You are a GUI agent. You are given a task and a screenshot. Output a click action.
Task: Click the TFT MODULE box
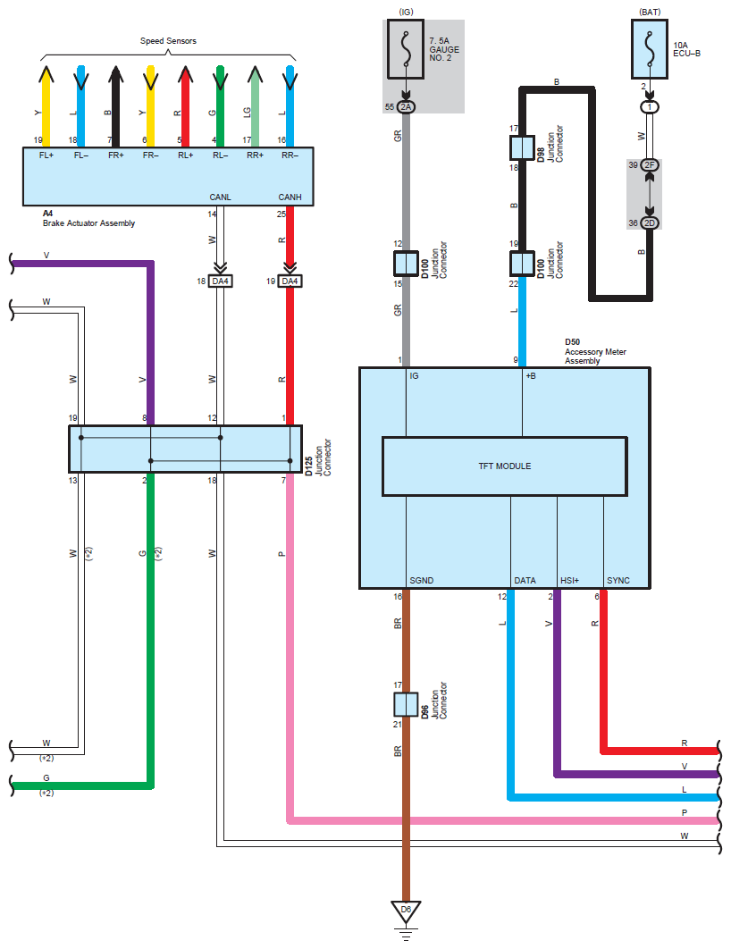[x=504, y=466]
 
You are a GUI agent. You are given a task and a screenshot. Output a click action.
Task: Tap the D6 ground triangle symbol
[x=406, y=911]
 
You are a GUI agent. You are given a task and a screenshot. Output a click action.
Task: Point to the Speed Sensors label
[x=168, y=41]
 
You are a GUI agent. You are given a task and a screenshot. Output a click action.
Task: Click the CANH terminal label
[x=290, y=197]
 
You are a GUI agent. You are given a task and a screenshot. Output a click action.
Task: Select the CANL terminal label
[x=221, y=197]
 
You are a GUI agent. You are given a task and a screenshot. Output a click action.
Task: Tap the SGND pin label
[x=422, y=580]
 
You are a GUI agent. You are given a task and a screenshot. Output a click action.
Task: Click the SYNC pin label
[x=618, y=580]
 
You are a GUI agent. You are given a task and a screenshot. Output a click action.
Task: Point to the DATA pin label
[x=525, y=580]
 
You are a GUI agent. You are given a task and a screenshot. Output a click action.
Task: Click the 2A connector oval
[x=406, y=107]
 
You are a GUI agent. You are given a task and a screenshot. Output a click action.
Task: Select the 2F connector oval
[x=650, y=165]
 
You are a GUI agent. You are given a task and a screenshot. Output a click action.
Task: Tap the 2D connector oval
[x=650, y=223]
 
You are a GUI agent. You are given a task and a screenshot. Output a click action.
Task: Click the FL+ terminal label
[x=46, y=154]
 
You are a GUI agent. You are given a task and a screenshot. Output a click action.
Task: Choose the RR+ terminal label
[x=256, y=154]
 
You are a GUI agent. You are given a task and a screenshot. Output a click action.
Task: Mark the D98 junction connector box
[x=522, y=147]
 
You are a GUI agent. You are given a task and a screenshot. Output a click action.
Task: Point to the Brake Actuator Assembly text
[x=88, y=223]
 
